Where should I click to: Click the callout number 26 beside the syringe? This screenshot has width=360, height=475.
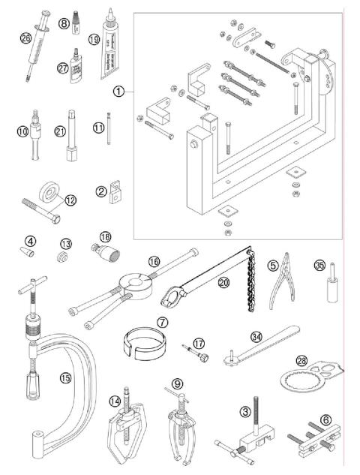[26, 38]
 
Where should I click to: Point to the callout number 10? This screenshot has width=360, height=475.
[24, 131]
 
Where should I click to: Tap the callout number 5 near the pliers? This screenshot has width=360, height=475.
[273, 264]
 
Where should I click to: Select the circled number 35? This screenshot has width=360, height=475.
[319, 265]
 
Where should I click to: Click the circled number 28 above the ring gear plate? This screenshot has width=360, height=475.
[301, 361]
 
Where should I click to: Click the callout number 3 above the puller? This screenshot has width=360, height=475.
[244, 412]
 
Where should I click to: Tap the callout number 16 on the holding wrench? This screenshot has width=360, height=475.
[154, 262]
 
